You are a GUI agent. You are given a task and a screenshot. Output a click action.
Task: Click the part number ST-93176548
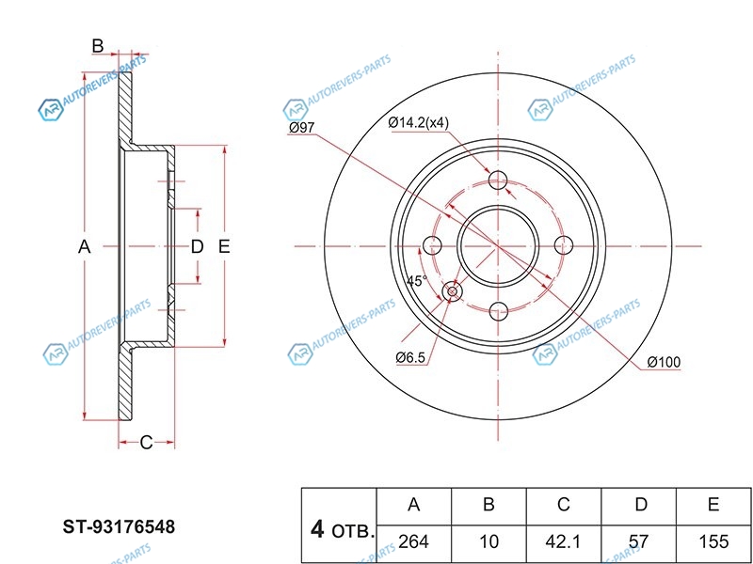point(119,527)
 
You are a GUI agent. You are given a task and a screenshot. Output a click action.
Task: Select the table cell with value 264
point(413,543)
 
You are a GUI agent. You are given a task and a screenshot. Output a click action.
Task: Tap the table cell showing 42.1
point(563,543)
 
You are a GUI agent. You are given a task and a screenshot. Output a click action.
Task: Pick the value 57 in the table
point(640,543)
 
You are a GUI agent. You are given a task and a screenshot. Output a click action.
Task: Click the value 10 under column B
point(489,543)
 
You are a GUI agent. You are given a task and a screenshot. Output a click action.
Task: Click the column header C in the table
point(563,506)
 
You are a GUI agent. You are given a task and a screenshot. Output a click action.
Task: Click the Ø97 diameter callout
point(301,128)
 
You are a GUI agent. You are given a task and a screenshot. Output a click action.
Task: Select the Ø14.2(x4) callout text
point(420,123)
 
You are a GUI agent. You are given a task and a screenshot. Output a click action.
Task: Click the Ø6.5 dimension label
point(411,356)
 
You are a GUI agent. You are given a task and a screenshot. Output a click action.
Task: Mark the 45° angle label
point(416,281)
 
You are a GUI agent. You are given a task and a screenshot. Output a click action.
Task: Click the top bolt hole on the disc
point(499,180)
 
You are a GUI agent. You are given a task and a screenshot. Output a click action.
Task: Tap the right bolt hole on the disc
point(564,245)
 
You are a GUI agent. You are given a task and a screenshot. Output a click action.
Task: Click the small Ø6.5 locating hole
point(453,292)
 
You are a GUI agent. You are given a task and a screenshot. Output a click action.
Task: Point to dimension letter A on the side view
point(84,247)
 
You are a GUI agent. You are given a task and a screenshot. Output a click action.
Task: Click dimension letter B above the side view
point(96,45)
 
